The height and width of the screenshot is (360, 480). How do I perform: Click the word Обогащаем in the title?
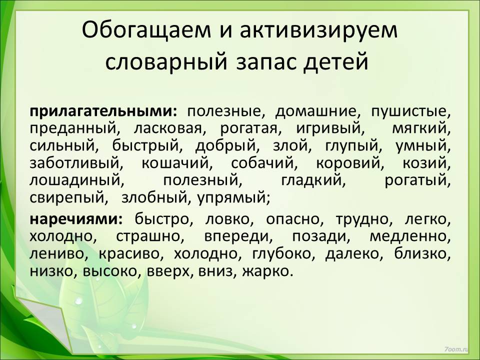(146, 30)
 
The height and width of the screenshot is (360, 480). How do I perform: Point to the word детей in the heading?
(336, 62)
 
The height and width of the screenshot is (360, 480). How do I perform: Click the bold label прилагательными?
(103, 111)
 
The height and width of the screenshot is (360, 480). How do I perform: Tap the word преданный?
(75, 128)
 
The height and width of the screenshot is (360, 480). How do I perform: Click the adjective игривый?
(330, 128)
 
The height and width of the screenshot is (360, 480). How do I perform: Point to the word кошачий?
(177, 163)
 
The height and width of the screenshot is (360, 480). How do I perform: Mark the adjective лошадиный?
(77, 180)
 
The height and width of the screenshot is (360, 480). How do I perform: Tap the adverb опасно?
(292, 219)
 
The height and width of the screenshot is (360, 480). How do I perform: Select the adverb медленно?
(410, 236)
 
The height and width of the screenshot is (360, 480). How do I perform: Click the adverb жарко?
(265, 271)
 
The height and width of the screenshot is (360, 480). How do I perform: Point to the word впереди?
(238, 236)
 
